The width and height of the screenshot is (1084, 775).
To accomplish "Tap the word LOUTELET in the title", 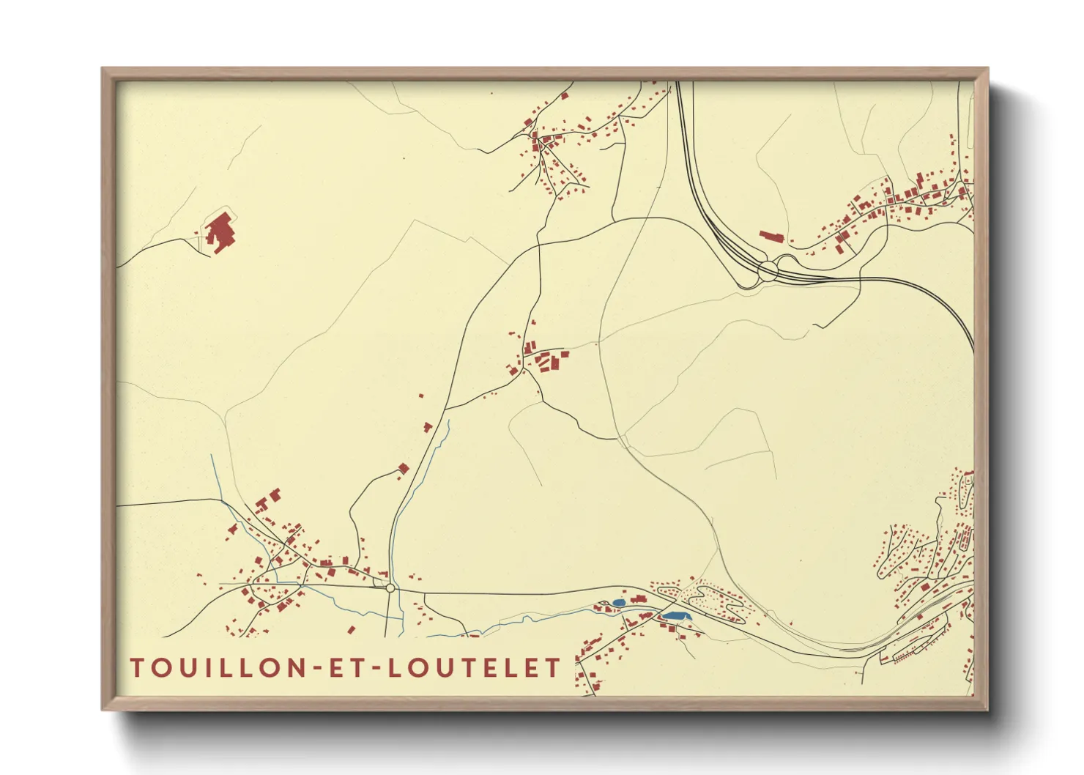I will click(x=474, y=668).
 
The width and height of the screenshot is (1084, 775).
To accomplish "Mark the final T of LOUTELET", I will click(x=554, y=668).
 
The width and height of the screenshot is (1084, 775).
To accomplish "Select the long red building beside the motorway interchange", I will click(x=771, y=237).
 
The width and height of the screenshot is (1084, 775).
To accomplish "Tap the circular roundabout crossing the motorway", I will click(x=768, y=269).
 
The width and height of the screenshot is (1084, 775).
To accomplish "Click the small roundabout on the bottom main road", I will click(x=390, y=587).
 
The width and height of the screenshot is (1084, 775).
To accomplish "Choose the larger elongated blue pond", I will click(x=675, y=617).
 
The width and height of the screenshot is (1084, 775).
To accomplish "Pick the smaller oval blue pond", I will click(x=619, y=603).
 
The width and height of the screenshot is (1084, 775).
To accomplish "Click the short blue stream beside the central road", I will click(x=442, y=440).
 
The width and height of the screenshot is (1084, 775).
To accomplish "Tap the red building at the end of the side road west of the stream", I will click(x=402, y=469).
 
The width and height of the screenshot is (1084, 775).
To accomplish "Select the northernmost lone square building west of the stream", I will click(x=421, y=396).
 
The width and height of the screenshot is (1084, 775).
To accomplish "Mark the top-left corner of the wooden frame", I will click(x=103, y=69).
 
